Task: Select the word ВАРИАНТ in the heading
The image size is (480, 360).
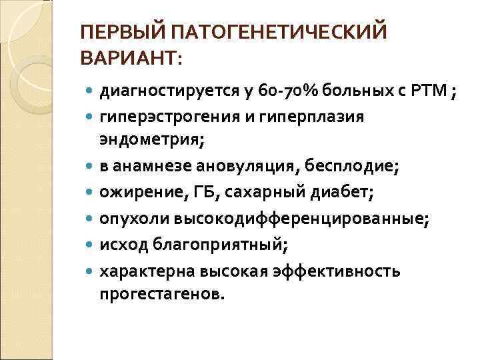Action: [x=127, y=59]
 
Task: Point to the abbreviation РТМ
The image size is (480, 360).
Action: [x=429, y=91]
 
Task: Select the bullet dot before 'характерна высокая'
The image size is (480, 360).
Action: [x=90, y=271]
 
